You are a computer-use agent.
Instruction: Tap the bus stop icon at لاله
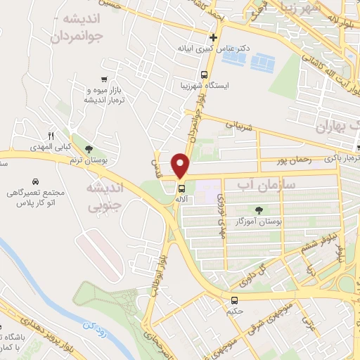coord(181,188)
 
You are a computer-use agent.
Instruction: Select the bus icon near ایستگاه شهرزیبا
coord(204,74)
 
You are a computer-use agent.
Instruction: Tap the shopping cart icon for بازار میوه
coord(104,79)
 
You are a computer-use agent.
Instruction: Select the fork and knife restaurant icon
coord(51,136)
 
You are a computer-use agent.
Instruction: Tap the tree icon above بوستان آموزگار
coord(259,209)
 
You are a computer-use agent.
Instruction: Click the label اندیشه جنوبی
coord(103,197)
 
